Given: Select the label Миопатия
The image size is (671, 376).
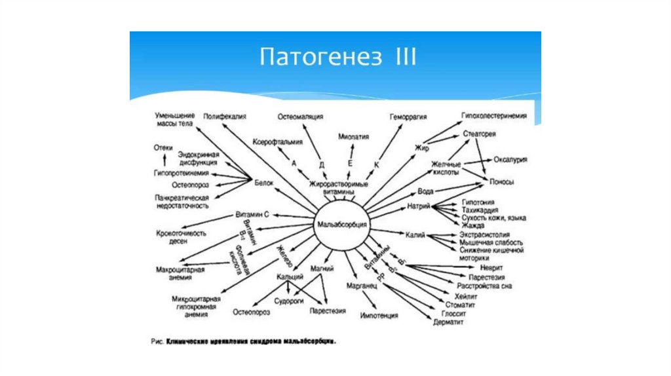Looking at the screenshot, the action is pos(353,137).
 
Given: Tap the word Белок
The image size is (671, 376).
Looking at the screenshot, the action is pos(264,183).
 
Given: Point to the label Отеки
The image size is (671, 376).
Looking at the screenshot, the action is pos(163,148).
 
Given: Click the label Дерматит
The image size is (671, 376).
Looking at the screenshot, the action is pos(448,322).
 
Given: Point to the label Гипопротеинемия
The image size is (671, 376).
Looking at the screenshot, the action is pos(182,174).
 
